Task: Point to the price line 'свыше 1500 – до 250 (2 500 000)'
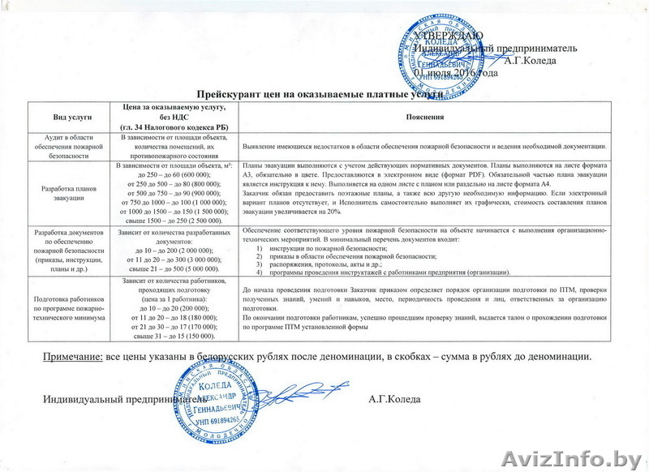176,221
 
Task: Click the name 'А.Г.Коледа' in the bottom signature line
393,399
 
